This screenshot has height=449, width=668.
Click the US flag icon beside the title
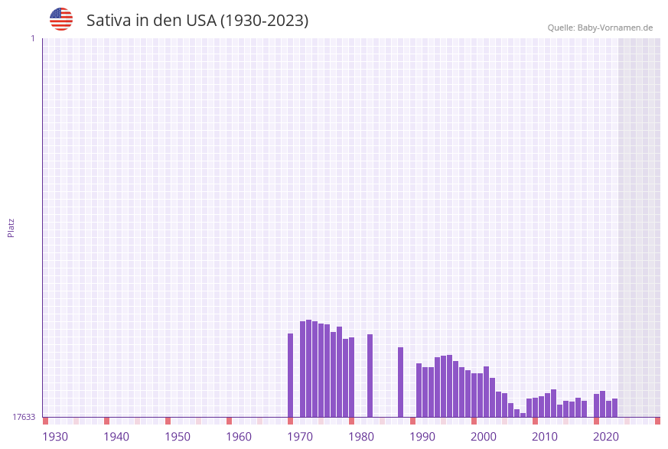coord(61,19)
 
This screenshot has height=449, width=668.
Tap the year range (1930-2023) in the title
coord(264,21)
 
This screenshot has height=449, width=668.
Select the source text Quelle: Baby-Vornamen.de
coord(600,28)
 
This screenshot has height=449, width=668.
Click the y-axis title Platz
coord(11,227)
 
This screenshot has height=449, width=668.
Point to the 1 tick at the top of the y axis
coord(32,38)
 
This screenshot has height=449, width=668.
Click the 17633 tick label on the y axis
coord(24,417)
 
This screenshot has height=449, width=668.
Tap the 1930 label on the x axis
coord(55,436)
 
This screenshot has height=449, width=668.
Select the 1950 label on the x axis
coord(178,436)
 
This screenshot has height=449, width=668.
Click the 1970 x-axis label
coord(300,436)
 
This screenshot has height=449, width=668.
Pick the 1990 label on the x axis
coord(422,436)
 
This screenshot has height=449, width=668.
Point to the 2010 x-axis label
coord(545,436)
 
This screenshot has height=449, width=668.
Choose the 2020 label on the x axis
coord(606,436)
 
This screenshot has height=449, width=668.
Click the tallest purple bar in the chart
coord(308,368)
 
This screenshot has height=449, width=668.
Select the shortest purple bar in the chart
coord(523,415)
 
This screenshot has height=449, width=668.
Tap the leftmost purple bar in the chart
coord(290,375)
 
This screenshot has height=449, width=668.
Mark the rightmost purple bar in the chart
coord(614,408)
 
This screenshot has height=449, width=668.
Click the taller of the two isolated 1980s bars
coord(370,376)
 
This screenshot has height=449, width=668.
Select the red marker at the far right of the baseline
coord(657,421)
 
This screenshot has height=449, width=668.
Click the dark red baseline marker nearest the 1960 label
coord(229,421)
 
